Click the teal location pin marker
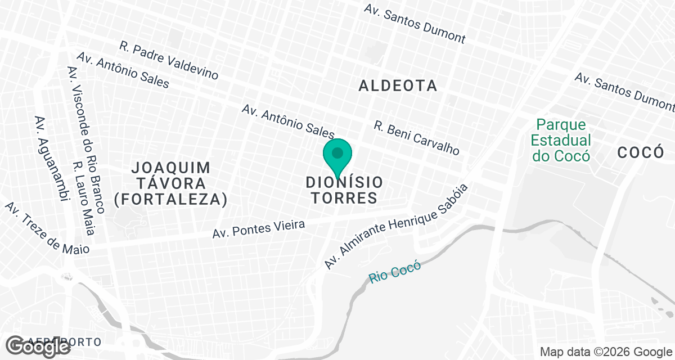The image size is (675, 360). click(337, 157)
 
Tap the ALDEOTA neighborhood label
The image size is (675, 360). click(398, 85)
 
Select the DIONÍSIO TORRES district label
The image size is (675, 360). click(344, 190)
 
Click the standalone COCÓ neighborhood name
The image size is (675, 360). click(640, 152)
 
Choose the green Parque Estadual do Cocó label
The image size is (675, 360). click(561, 140)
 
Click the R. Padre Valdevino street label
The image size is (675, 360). click(169, 60)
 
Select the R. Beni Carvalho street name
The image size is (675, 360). click(417, 138)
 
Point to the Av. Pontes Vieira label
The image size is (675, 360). click(259, 228)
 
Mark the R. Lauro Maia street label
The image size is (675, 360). click(83, 198)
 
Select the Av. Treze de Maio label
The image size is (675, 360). click(47, 229)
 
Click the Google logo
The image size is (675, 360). click(39, 346)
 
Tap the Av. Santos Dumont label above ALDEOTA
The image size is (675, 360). click(415, 24)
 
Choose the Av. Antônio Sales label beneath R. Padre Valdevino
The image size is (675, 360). click(123, 70)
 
